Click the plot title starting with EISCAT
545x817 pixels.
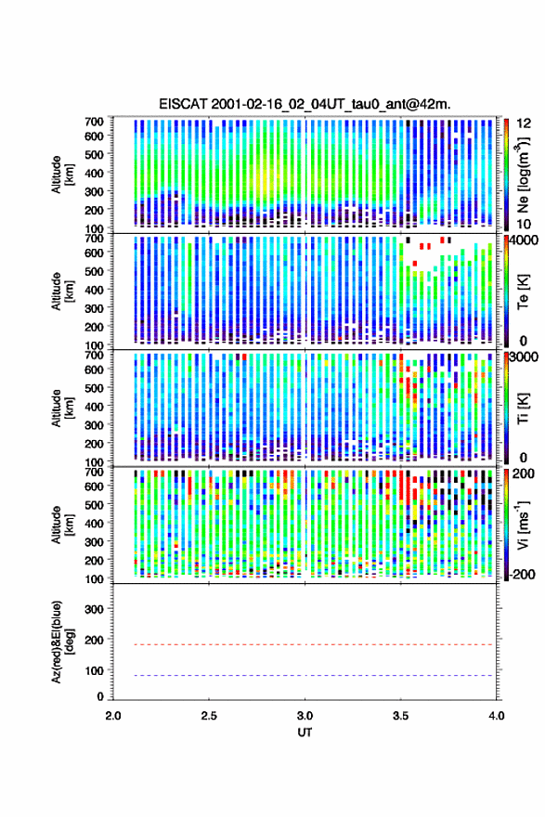pyautogui.click(x=305, y=104)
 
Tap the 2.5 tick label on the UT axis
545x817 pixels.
pyautogui.click(x=209, y=716)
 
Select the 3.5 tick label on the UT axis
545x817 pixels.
pyautogui.click(x=401, y=716)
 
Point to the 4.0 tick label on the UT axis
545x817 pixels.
pyautogui.click(x=497, y=716)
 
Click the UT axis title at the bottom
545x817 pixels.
pyautogui.click(x=305, y=733)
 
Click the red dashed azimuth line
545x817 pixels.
pyautogui.click(x=305, y=644)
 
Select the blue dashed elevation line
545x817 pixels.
pyautogui.click(x=305, y=675)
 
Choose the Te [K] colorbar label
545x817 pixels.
pyautogui.click(x=524, y=292)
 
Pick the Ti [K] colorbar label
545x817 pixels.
pyautogui.click(x=524, y=408)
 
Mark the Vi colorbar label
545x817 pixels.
pyautogui.click(x=524, y=525)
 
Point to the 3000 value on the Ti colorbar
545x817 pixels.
pyautogui.click(x=524, y=357)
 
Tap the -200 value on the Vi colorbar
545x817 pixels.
pyautogui.click(x=521, y=574)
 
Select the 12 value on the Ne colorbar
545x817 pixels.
pyautogui.click(x=524, y=123)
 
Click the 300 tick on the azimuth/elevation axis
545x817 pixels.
pyautogui.click(x=94, y=609)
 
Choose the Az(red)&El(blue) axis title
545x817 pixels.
pyautogui.click(x=61, y=642)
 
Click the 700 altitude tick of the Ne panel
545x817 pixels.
pyautogui.click(x=94, y=122)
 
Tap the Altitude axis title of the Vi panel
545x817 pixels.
pyautogui.click(x=61, y=525)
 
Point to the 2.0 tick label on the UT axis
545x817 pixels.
pyautogui.click(x=113, y=716)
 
